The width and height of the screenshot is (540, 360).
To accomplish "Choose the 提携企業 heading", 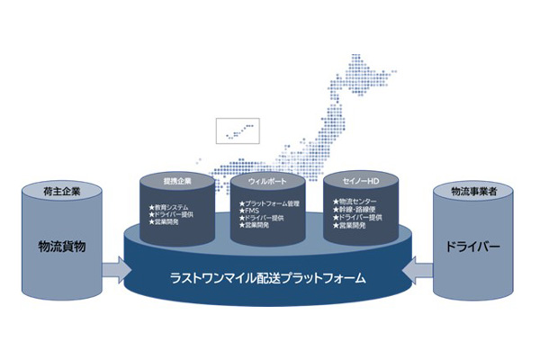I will coord(176,181).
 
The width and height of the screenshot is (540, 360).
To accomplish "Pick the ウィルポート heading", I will coord(267,181).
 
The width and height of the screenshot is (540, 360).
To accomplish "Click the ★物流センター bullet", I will coord(352,202).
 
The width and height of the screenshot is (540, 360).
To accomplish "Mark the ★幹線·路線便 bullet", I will coord(354,211).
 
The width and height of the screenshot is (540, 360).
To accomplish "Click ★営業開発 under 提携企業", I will coord(166,221).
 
